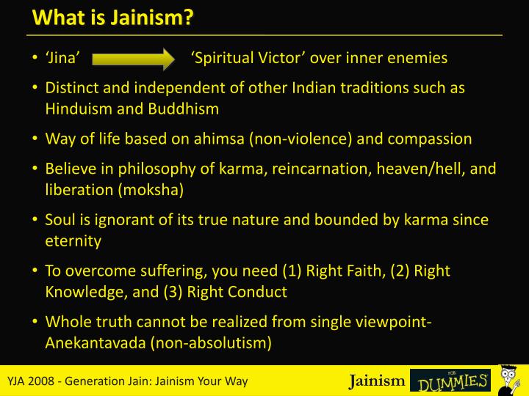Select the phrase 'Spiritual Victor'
click(243, 58)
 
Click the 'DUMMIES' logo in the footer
click(450, 381)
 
